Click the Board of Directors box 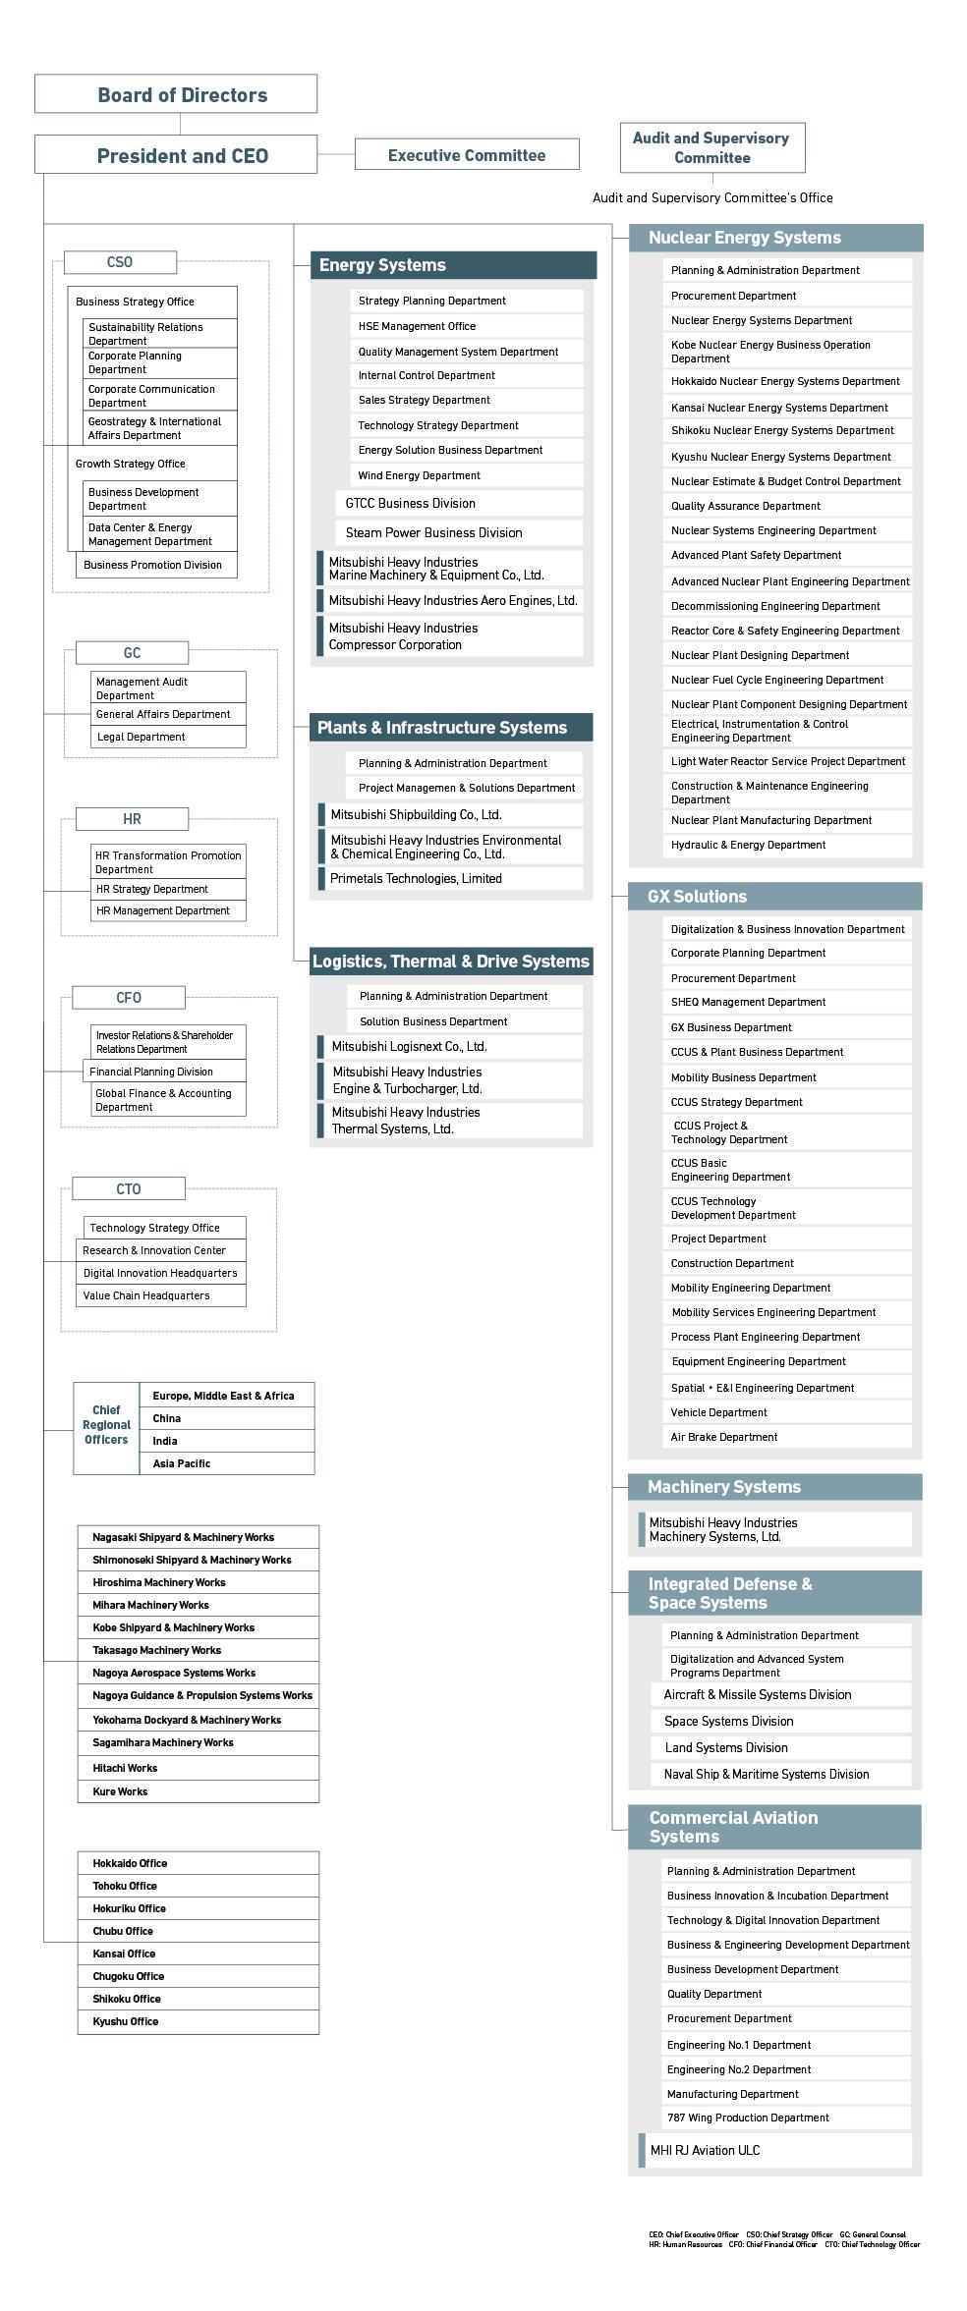tap(176, 94)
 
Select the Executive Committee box tap(466, 155)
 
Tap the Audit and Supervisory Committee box tap(711, 148)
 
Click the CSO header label tap(120, 262)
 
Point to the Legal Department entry tap(168, 737)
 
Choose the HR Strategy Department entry tap(168, 889)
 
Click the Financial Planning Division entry tap(164, 1072)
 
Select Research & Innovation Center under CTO tap(161, 1250)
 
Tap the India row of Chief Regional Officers tap(227, 1441)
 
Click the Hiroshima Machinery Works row tap(199, 1582)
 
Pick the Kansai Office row tap(199, 1953)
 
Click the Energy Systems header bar tap(453, 265)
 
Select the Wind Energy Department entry tap(466, 475)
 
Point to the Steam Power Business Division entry tap(458, 532)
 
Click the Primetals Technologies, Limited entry tap(450, 879)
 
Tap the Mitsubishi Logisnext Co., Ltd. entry tap(450, 1047)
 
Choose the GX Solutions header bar tap(774, 897)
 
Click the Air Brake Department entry tap(786, 1437)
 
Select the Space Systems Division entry tap(779, 1721)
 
